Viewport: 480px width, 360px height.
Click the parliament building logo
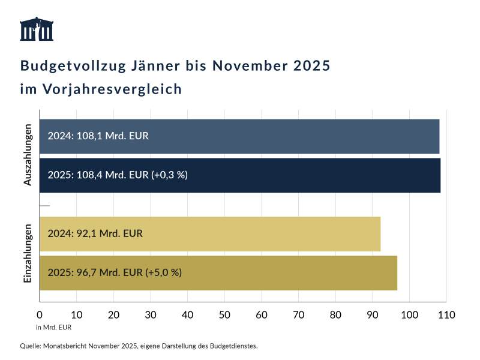coord(37,29)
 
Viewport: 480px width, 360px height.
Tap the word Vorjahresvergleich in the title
coord(112,89)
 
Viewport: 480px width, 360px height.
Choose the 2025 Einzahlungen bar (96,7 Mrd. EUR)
coord(288,273)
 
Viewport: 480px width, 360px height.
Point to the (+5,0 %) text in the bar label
coord(163,273)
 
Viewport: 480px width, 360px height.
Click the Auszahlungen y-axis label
coord(28,155)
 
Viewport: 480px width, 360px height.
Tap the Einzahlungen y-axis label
coord(28,253)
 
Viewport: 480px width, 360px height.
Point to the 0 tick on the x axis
coord(40,314)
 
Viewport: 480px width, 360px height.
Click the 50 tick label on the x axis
coord(224,314)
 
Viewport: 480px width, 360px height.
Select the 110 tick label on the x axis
coord(446,314)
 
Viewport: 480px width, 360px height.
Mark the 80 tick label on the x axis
coord(335,314)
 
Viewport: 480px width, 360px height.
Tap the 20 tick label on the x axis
coord(113,314)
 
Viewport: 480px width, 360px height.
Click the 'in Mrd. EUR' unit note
coord(53,328)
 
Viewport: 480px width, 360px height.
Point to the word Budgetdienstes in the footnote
coord(231,346)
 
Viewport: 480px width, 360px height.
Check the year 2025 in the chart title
coord(311,65)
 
